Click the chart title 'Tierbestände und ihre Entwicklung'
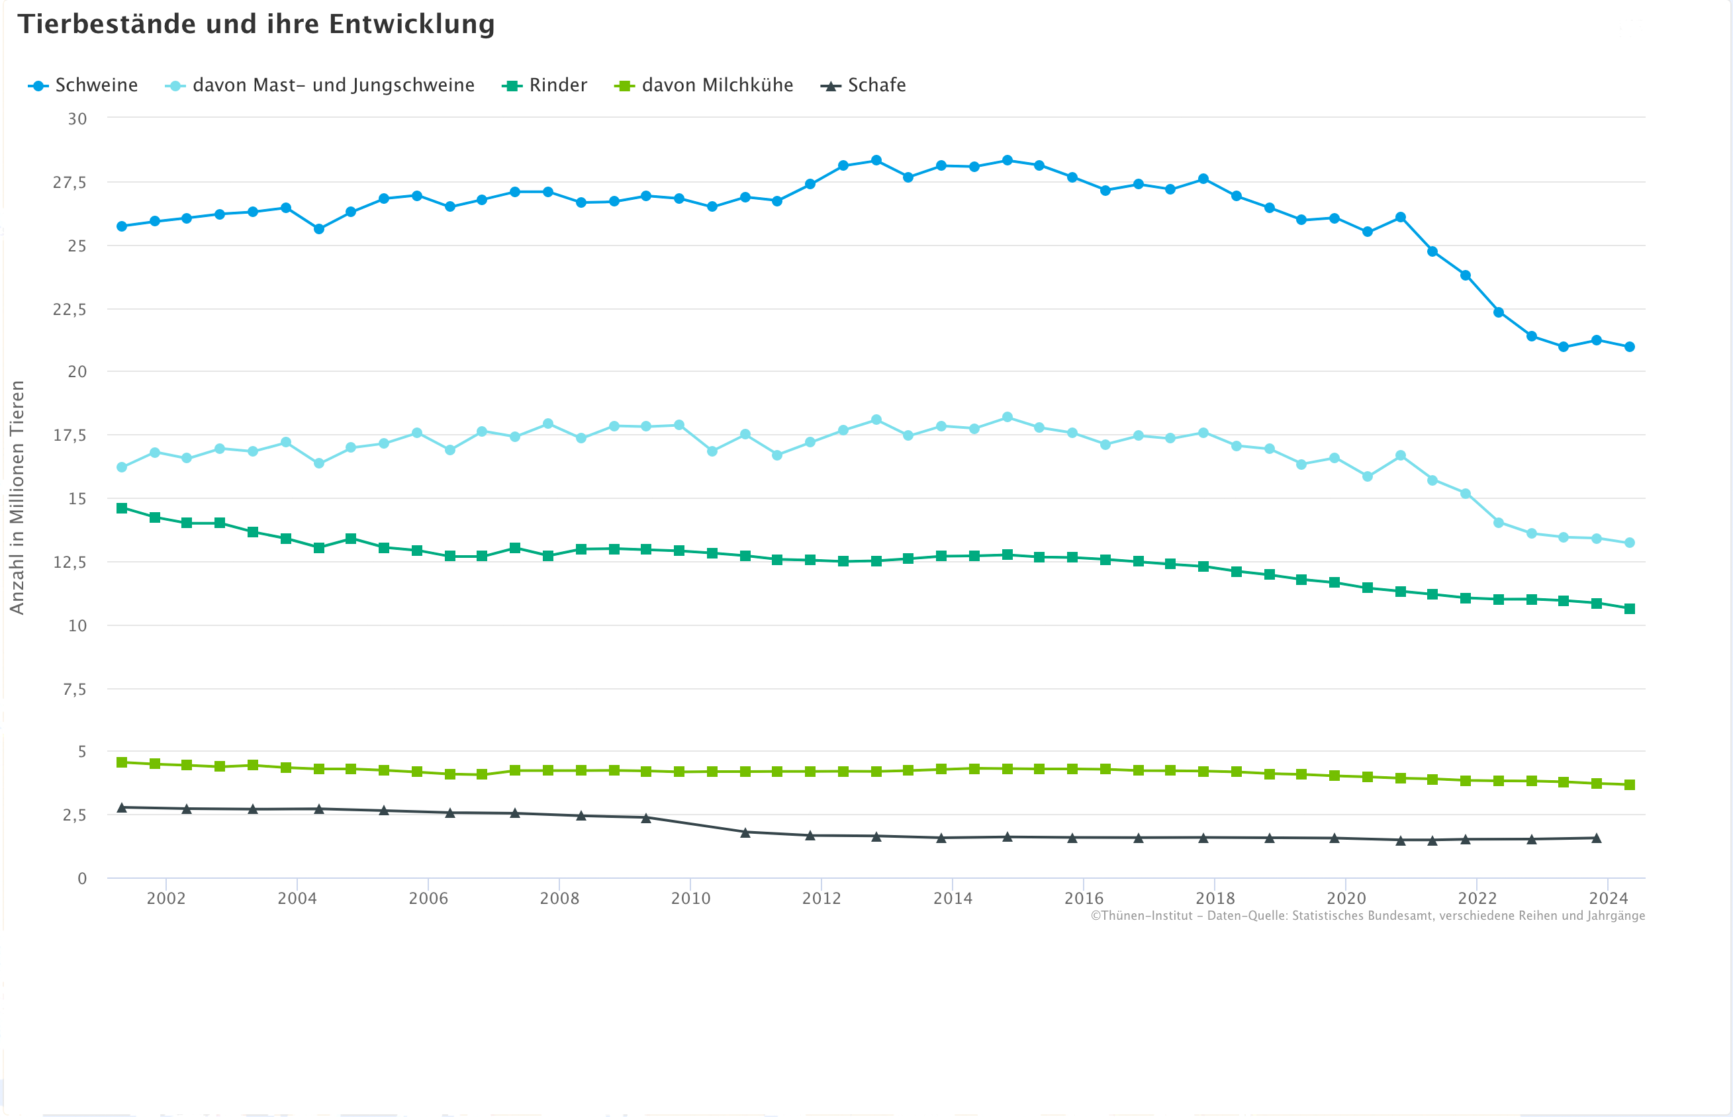point(256,24)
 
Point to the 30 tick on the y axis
point(77,119)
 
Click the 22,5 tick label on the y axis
point(70,310)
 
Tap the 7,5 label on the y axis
point(74,690)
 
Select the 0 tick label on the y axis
point(82,879)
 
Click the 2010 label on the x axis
point(690,899)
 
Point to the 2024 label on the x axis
point(1609,899)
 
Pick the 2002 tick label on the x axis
point(166,899)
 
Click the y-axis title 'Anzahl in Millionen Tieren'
point(17,498)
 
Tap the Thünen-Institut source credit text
point(1368,916)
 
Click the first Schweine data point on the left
point(122,226)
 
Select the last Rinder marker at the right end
point(1629,609)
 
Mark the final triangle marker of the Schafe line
point(1597,838)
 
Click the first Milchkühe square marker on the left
point(122,762)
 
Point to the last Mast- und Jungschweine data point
point(1629,543)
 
